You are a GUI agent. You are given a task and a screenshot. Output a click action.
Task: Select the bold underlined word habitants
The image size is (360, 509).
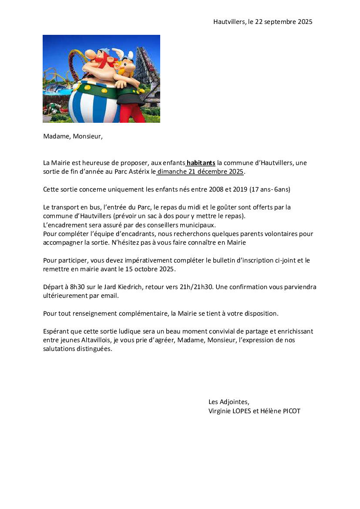[201, 163]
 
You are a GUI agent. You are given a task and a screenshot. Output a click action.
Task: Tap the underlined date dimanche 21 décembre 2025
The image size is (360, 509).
[200, 172]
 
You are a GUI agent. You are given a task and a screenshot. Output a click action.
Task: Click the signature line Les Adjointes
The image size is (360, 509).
[229, 402]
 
